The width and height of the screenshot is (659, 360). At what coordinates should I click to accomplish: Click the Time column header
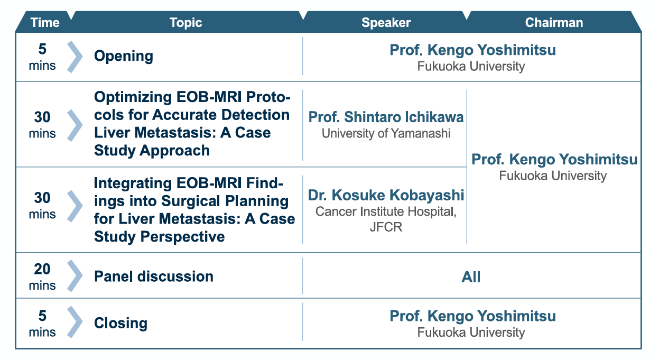[x=44, y=23]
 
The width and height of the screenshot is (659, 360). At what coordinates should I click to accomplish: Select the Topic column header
[x=186, y=23]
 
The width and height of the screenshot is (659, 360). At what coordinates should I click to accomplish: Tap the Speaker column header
[x=386, y=23]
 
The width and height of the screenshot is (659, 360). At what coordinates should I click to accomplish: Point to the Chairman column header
[x=554, y=23]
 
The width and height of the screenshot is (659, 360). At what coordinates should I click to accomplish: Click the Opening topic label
[x=124, y=57]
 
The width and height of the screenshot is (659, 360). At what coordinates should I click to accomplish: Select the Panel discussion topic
[x=154, y=276]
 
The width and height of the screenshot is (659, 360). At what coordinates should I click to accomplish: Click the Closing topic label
[x=120, y=323]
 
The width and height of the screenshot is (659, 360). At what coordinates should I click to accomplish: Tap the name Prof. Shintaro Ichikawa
[x=386, y=117]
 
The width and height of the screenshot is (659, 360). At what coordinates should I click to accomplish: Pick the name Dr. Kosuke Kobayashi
[x=386, y=195]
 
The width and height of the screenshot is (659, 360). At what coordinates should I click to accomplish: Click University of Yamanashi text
[x=386, y=133]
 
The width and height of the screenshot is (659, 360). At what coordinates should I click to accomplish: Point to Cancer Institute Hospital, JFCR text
[x=385, y=219]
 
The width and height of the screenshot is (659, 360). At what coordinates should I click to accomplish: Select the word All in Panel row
[x=471, y=277]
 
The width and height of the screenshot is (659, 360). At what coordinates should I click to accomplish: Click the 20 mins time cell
[x=42, y=276]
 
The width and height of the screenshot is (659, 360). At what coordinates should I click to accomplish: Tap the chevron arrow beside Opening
[x=75, y=57]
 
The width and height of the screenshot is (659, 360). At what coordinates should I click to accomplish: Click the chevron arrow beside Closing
[x=75, y=323]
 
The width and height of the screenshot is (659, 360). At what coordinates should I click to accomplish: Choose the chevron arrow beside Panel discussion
[x=75, y=276]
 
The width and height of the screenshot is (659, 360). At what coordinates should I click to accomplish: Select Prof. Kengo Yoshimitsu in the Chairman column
[x=554, y=160]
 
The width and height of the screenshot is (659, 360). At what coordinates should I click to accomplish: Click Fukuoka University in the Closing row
[x=471, y=333]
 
